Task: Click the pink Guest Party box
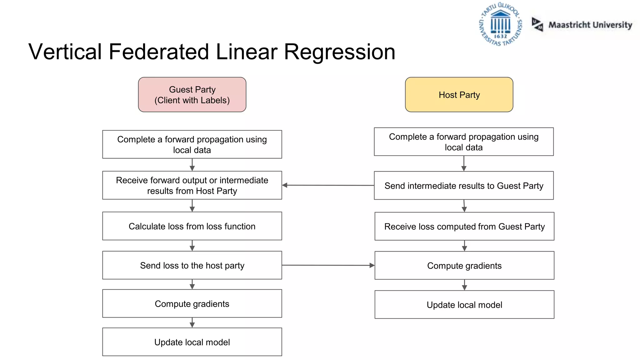pyautogui.click(x=192, y=95)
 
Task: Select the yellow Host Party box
pyautogui.click(x=459, y=95)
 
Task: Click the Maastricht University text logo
pyautogui.click(x=590, y=25)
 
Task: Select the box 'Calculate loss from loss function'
pyautogui.click(x=192, y=226)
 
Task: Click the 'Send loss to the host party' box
pyautogui.click(x=192, y=265)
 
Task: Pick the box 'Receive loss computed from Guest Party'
pyautogui.click(x=464, y=226)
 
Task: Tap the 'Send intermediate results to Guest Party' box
pyautogui.click(x=463, y=186)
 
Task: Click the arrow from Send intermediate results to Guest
pyautogui.click(x=328, y=185)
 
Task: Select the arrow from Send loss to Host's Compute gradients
pyautogui.click(x=328, y=265)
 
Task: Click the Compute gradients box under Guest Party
pyautogui.click(x=192, y=303)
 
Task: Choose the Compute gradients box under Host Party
pyautogui.click(x=464, y=265)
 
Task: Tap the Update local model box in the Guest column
pyautogui.click(x=192, y=342)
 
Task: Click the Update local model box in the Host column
pyautogui.click(x=464, y=305)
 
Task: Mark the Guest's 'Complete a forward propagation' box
pyautogui.click(x=192, y=144)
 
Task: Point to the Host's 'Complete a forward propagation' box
pyautogui.click(x=463, y=142)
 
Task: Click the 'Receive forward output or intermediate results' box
pyautogui.click(x=192, y=185)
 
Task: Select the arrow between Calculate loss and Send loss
pyautogui.click(x=192, y=246)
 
